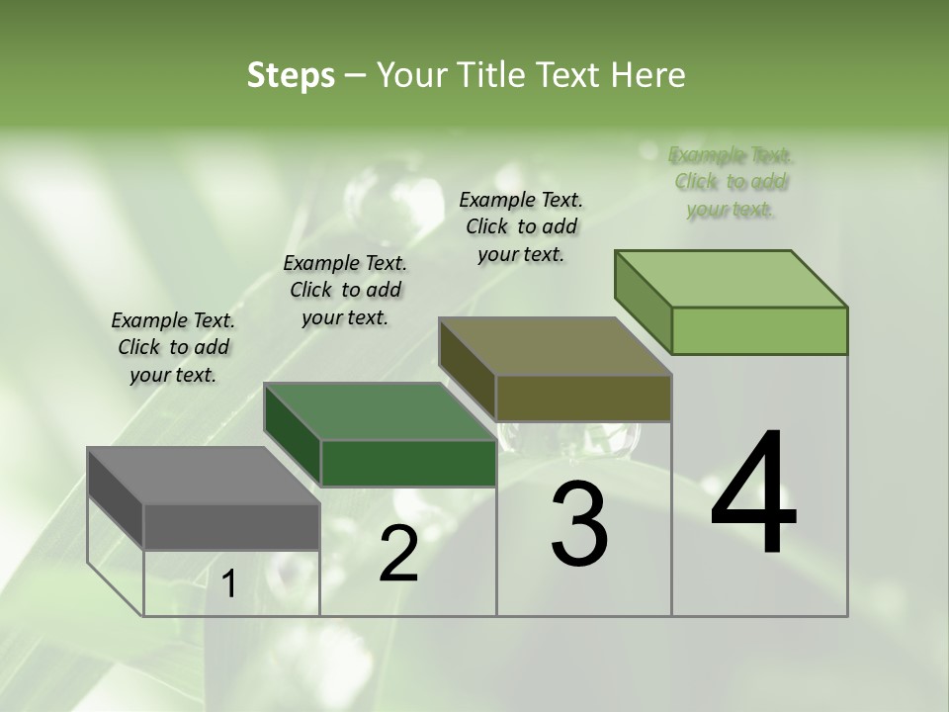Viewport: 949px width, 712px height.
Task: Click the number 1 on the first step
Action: (x=229, y=584)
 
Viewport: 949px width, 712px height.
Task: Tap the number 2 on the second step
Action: (x=398, y=554)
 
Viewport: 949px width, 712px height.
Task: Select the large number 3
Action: (x=578, y=525)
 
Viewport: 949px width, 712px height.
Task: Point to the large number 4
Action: (x=753, y=494)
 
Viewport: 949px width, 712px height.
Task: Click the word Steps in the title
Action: (x=291, y=75)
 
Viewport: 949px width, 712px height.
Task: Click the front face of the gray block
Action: (x=231, y=527)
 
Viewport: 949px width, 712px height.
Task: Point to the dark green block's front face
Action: (x=408, y=463)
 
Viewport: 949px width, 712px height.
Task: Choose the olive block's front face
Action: (x=583, y=398)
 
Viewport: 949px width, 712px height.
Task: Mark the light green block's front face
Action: (x=759, y=330)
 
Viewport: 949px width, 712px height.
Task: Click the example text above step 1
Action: (x=173, y=347)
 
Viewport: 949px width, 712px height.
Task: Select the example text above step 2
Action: (x=345, y=290)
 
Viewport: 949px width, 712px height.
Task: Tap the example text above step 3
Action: (x=521, y=226)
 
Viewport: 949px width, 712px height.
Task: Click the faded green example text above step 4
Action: (x=731, y=182)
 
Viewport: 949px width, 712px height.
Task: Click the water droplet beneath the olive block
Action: (x=568, y=437)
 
